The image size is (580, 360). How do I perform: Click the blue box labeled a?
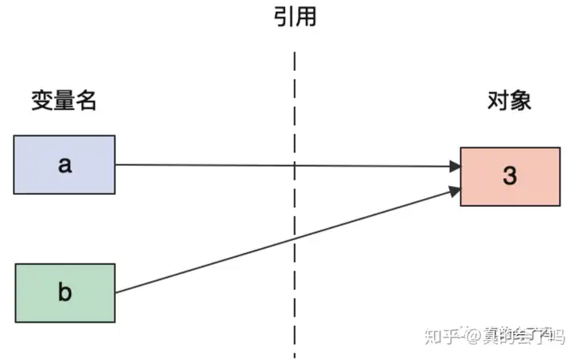[x=64, y=164]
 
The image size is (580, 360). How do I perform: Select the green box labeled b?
[x=65, y=293]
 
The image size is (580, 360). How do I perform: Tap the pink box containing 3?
[x=510, y=176]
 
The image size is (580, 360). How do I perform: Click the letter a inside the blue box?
[x=64, y=165]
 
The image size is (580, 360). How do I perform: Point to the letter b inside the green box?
[x=64, y=292]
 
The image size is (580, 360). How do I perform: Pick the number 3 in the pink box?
[x=510, y=176]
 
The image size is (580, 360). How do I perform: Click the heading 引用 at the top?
[x=295, y=17]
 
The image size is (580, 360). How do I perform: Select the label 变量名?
[x=64, y=100]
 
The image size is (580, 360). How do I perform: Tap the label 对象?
[x=509, y=100]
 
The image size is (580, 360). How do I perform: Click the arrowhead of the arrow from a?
[x=455, y=167]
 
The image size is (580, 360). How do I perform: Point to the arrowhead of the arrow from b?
[x=455, y=191]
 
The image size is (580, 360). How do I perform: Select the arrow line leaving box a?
[x=288, y=166]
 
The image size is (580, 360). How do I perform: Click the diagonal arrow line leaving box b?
[x=288, y=242]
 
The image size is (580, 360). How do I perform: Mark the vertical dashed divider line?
[x=295, y=205]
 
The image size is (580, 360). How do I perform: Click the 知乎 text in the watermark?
[x=443, y=337]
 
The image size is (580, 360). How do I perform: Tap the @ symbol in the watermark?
[x=473, y=337]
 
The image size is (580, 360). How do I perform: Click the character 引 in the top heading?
[x=284, y=17]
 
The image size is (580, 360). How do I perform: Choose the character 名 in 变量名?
[x=86, y=100]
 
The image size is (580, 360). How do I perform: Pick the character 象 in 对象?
[x=521, y=100]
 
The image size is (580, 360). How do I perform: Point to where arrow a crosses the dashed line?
[x=295, y=166]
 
